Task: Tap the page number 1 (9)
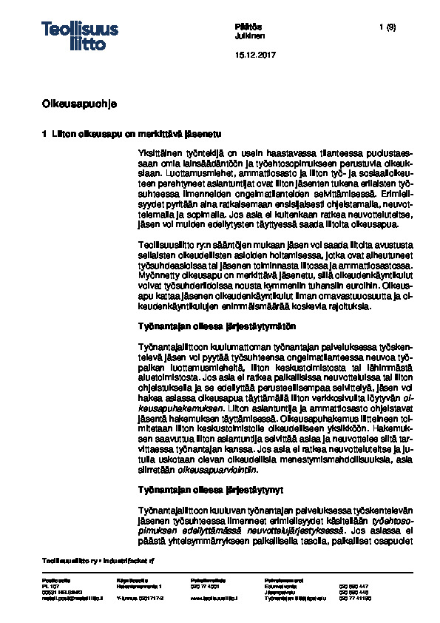pyautogui.click(x=388, y=27)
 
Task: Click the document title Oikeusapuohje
pyautogui.click(x=79, y=102)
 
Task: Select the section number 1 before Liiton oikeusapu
pyautogui.click(x=45, y=133)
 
